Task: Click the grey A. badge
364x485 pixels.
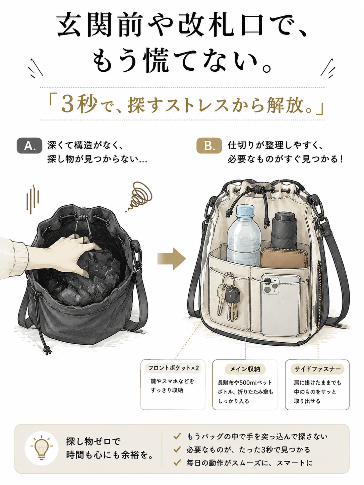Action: [x=29, y=146]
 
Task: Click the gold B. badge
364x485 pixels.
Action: [x=209, y=146]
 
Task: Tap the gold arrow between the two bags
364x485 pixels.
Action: [x=172, y=259]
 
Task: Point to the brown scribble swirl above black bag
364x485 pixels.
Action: [x=140, y=195]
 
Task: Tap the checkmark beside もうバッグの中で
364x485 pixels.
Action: [x=177, y=436]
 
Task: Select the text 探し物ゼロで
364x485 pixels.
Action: [x=93, y=441]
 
